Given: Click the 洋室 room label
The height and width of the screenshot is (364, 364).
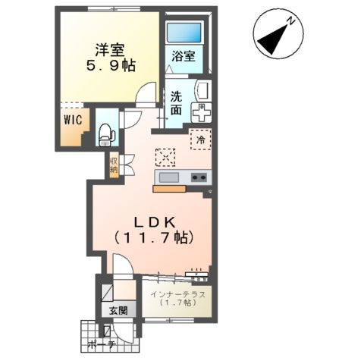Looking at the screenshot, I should pos(111,49).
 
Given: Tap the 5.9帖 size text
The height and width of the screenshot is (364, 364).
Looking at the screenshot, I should pos(111,67).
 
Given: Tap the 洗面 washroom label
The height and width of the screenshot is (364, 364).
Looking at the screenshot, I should pos(176,103).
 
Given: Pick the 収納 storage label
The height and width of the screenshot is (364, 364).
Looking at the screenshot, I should pos(113,165).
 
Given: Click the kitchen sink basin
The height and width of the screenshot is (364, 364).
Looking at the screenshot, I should pos(168,177).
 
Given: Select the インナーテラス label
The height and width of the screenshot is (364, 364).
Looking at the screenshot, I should pos(176,293).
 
